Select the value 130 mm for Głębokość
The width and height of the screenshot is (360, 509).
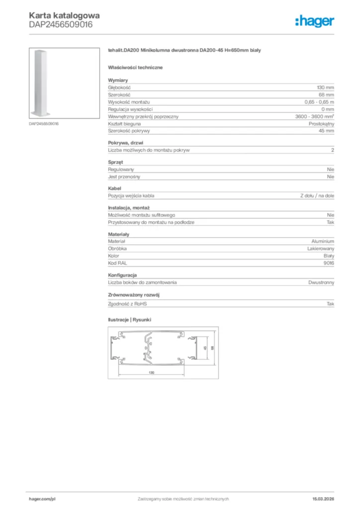pyautogui.click(x=326, y=87)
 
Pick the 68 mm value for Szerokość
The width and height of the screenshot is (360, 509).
pyautogui.click(x=327, y=94)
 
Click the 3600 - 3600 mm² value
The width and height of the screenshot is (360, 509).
pyautogui.click(x=315, y=116)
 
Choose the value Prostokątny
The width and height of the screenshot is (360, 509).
pyautogui.click(x=322, y=123)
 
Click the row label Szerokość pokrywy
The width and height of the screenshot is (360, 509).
pyautogui.click(x=129, y=131)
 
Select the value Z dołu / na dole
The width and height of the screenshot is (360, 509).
pyautogui.click(x=317, y=196)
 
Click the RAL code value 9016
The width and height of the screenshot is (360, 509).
pyautogui.click(x=329, y=263)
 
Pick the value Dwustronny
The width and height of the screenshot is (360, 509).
pyautogui.click(x=321, y=282)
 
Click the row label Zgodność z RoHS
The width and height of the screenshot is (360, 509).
pyautogui.click(x=128, y=303)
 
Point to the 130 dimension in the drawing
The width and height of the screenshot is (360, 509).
pyautogui.click(x=151, y=372)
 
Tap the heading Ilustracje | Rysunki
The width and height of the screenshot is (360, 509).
pyautogui.click(x=129, y=320)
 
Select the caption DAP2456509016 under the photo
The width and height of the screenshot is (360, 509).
pyautogui.click(x=44, y=123)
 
